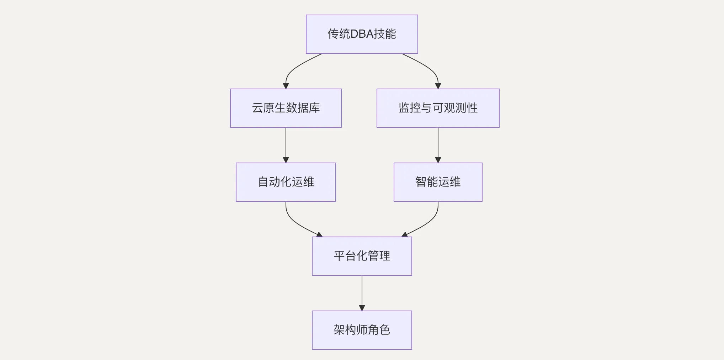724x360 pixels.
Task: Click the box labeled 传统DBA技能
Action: tap(362, 34)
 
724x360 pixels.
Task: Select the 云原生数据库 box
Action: tap(286, 108)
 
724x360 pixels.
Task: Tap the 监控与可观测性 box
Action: tap(438, 108)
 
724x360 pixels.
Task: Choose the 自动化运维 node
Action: tap(286, 182)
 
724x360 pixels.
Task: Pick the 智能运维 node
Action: tap(438, 182)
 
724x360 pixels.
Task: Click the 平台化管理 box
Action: tap(362, 256)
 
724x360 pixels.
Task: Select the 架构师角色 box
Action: tap(362, 330)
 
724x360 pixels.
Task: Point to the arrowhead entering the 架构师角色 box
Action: tap(362, 308)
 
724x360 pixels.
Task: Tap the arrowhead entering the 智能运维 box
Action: tap(438, 160)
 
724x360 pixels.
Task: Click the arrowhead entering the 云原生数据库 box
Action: tap(286, 86)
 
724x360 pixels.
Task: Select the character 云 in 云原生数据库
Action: tap(257, 108)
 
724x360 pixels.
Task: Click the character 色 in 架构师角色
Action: tap(385, 330)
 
